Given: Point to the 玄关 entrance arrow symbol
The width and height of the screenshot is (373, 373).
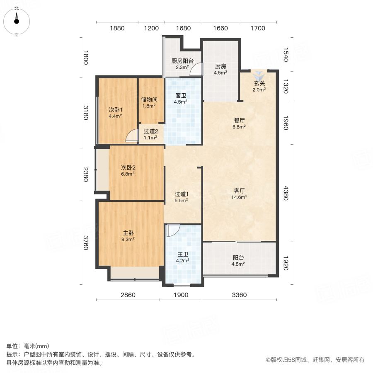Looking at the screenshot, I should pyautogui.click(x=259, y=75).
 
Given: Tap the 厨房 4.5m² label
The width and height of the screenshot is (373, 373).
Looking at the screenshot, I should pyautogui.click(x=220, y=69).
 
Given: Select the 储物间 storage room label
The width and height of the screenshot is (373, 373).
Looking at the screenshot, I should pyautogui.click(x=148, y=102).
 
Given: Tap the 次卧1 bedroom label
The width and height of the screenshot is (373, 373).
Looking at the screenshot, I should pyautogui.click(x=115, y=113).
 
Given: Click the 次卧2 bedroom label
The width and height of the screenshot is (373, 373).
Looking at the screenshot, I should pyautogui.click(x=128, y=170).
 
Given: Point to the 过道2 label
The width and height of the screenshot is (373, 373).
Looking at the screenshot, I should pyautogui.click(x=150, y=134).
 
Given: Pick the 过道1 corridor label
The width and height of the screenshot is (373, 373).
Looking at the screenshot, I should pyautogui.click(x=182, y=197).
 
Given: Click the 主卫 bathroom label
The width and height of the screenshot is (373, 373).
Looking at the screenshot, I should pyautogui.click(x=183, y=257).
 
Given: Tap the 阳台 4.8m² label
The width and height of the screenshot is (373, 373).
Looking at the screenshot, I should pyautogui.click(x=238, y=260).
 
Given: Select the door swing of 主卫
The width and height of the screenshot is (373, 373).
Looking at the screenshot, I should pyautogui.click(x=173, y=229).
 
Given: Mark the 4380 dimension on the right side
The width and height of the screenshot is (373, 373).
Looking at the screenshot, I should pyautogui.click(x=285, y=193).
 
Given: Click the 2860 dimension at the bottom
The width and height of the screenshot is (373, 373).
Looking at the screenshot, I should pyautogui.click(x=128, y=295).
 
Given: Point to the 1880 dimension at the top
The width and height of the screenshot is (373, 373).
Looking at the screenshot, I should pyautogui.click(x=117, y=28).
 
